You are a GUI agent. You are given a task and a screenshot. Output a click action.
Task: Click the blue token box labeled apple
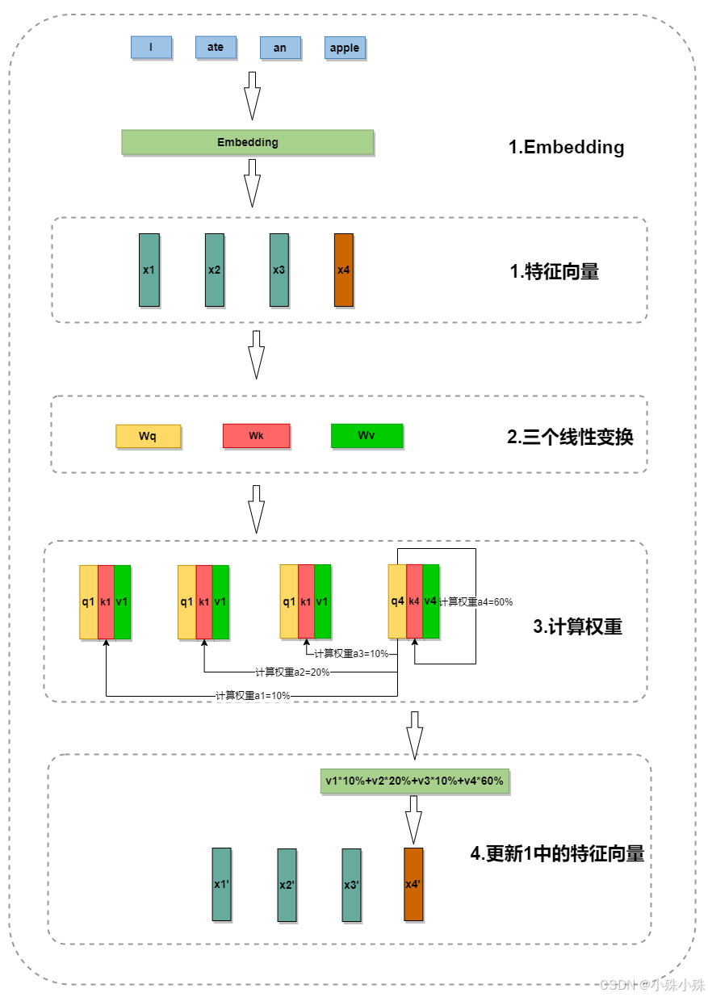[x=345, y=48]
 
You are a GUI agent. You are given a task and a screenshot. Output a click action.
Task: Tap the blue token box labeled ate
[x=216, y=48]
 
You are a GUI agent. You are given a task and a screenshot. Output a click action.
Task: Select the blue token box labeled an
[x=280, y=48]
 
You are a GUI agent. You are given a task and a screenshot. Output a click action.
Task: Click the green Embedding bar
[x=248, y=142]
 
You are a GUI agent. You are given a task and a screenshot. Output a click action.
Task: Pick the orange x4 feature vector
[x=344, y=270]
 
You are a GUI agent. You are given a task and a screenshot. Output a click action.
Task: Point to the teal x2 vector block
[x=214, y=270]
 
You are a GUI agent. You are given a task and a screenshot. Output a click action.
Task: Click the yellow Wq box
[x=148, y=436]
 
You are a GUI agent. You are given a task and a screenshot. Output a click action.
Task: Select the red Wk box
[x=256, y=436]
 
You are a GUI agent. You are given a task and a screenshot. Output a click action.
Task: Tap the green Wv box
[x=367, y=436]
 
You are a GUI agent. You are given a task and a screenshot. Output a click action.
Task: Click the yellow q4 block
[x=397, y=601]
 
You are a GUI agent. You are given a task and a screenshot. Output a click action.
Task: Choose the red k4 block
[x=414, y=601]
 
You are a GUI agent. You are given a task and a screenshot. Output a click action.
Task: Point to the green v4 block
[x=431, y=601]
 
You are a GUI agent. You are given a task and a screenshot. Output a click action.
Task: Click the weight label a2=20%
[x=292, y=672]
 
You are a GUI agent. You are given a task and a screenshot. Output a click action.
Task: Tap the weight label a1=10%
[x=253, y=695]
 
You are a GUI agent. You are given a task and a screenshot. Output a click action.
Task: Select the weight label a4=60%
[x=476, y=601]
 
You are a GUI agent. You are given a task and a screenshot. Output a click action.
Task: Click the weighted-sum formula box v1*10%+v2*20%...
[x=414, y=781]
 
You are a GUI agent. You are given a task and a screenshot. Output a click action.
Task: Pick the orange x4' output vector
[x=413, y=884]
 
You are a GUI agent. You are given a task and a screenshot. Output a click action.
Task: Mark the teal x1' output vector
[x=222, y=884]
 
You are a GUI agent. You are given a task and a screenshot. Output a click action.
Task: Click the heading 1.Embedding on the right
[x=566, y=148]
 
